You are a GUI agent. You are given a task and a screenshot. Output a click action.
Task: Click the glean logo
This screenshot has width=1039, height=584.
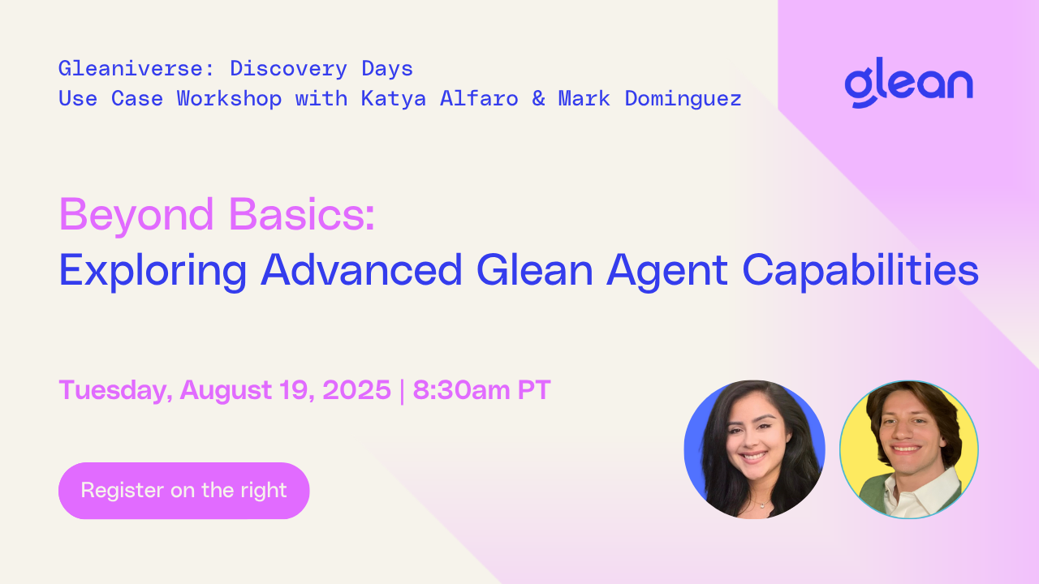[908, 83]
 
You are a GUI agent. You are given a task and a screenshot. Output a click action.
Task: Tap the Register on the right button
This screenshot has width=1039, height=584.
[183, 491]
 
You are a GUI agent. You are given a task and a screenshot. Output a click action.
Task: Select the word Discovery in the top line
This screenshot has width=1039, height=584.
[288, 69]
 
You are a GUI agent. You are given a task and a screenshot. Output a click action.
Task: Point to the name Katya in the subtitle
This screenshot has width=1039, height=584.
[394, 98]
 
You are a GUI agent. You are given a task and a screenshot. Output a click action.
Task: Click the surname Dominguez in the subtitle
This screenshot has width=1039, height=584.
[683, 98]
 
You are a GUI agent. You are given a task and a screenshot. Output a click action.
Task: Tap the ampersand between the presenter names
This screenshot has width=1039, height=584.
[538, 98]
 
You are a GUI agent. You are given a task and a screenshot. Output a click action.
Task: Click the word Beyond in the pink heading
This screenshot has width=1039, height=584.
[136, 215]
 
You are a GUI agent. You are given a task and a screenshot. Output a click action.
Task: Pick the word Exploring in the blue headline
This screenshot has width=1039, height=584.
[153, 271]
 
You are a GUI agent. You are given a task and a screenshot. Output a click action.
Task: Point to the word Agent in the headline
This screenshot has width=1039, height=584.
[667, 272]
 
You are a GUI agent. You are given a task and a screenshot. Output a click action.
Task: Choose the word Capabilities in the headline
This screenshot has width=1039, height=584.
[861, 271]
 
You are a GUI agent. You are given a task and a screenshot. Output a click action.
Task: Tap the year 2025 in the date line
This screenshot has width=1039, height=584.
[356, 389]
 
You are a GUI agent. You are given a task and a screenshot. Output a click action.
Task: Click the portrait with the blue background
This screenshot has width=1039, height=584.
[755, 449]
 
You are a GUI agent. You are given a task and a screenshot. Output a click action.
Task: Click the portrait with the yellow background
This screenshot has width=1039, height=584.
[909, 449]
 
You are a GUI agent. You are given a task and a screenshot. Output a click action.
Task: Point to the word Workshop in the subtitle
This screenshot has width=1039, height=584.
[229, 98]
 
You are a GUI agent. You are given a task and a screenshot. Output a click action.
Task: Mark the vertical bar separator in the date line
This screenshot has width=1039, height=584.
[402, 391]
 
